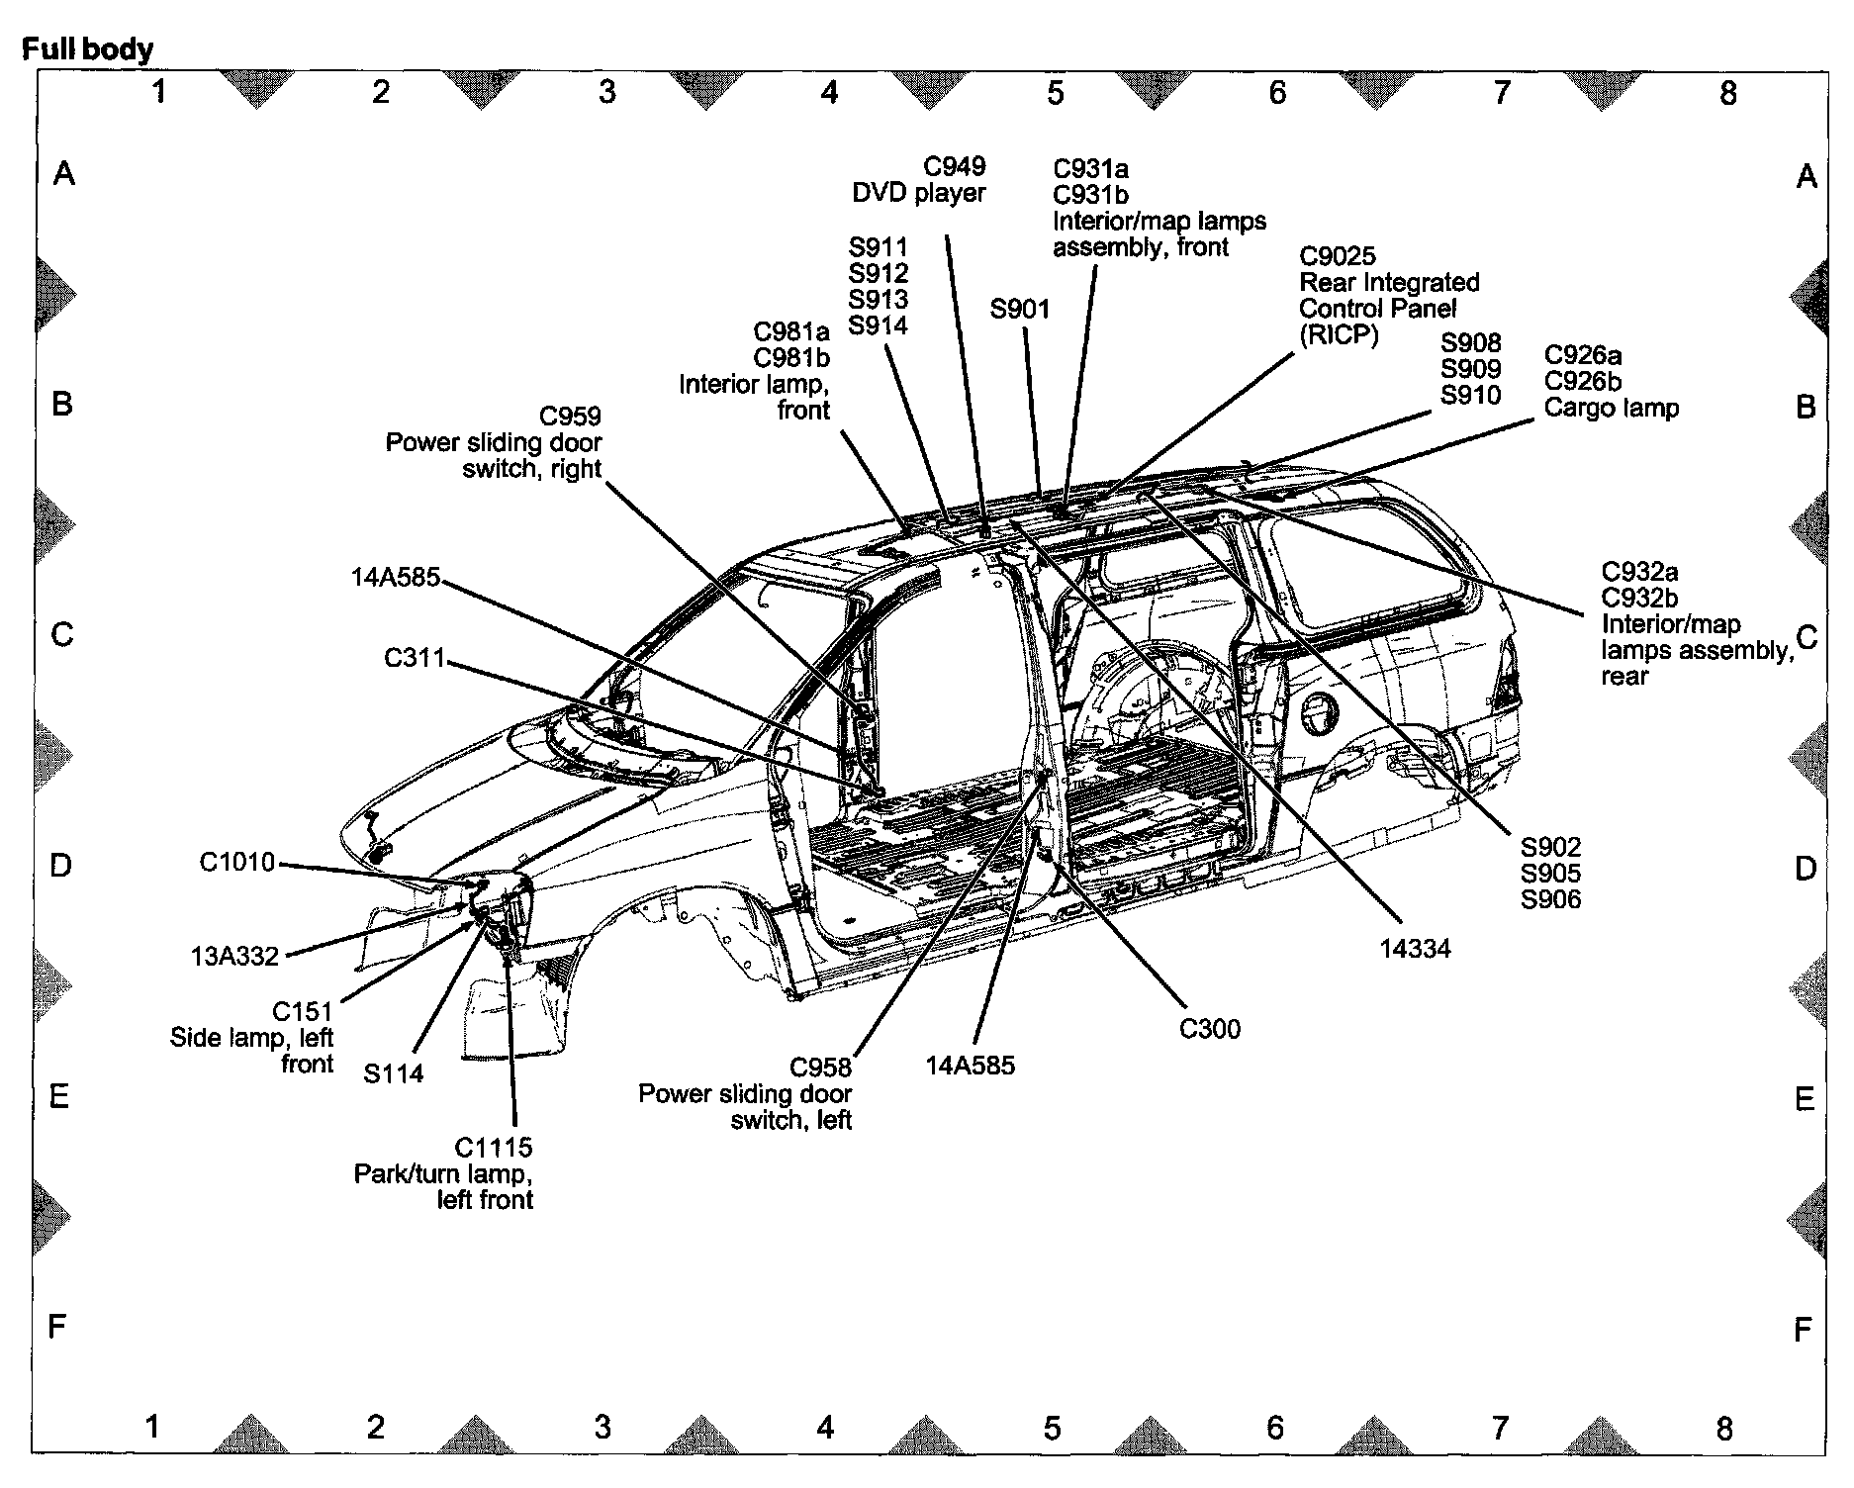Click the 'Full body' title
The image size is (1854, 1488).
pos(87,48)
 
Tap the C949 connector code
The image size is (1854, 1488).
pos(955,166)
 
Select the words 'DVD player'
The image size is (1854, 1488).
pos(918,193)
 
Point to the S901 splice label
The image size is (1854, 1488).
pos(1019,310)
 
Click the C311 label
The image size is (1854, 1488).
pos(415,658)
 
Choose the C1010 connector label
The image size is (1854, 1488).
pos(237,863)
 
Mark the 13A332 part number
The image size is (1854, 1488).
pos(234,957)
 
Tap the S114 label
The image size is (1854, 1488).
pos(393,1073)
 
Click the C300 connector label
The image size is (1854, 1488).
pos(1209,1029)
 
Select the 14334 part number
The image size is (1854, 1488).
pos(1415,949)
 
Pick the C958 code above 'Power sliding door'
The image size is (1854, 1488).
pos(820,1068)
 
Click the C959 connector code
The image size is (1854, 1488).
pos(570,417)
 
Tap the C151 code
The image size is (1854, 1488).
pos(303,1012)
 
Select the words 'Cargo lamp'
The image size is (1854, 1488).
pos(1611,408)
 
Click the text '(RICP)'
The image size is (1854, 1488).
pos(1339,335)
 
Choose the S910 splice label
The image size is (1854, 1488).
pos(1470,396)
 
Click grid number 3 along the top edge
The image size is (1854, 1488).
pos(607,92)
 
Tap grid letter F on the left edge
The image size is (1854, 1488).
pos(57,1326)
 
